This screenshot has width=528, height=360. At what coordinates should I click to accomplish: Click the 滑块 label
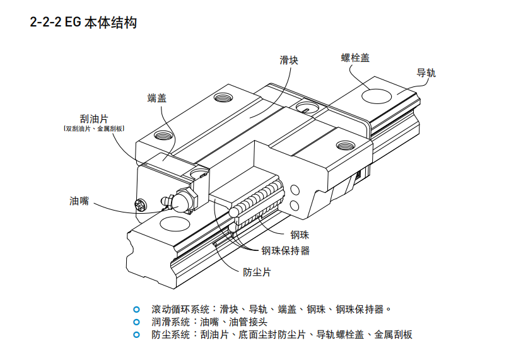click(x=289, y=61)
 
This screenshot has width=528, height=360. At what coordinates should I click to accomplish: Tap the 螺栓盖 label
click(x=355, y=58)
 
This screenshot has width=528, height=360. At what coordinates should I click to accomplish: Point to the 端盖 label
click(x=157, y=98)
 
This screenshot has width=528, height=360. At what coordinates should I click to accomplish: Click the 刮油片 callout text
click(x=94, y=119)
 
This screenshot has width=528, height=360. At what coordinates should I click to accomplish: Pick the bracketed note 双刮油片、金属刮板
click(x=94, y=129)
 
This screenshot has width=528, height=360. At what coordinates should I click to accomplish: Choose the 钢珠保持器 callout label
click(x=286, y=250)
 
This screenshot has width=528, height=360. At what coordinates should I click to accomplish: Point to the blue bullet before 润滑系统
click(x=136, y=322)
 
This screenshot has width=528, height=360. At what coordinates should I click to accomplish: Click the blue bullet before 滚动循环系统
click(x=136, y=310)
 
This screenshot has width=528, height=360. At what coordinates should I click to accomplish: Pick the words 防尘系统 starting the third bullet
click(x=170, y=335)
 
